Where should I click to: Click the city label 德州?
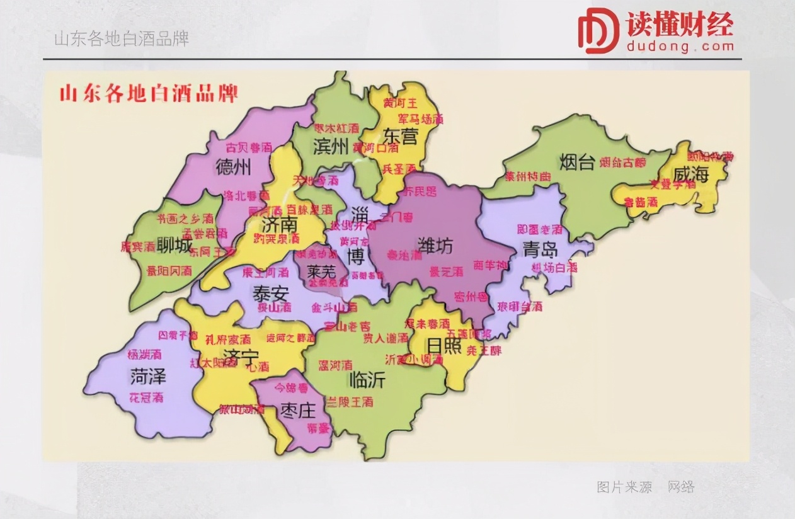tap(233, 168)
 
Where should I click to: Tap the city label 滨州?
tap(331, 147)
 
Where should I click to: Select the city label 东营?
tap(401, 136)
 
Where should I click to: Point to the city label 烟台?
tap(576, 163)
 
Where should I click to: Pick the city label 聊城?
tap(174, 244)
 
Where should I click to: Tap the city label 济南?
tap(280, 224)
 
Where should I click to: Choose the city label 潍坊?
tap(435, 246)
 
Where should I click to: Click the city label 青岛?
tap(540, 249)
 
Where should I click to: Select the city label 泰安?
tap(270, 294)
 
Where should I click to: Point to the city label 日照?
tap(444, 346)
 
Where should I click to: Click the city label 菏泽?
tap(148, 377)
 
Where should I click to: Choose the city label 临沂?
tap(367, 380)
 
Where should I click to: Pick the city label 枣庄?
tap(297, 411)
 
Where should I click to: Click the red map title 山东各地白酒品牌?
tap(149, 94)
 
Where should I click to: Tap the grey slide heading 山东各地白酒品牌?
tap(122, 39)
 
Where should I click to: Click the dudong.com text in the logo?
tap(680, 46)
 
